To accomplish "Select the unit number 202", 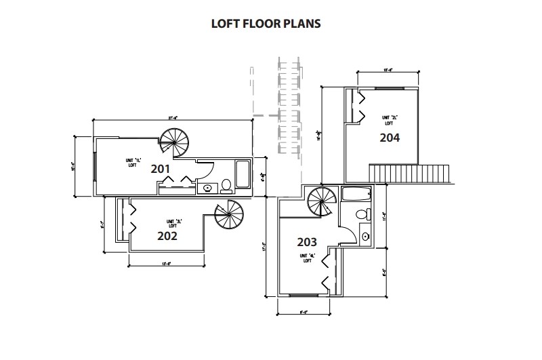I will [x=167, y=236].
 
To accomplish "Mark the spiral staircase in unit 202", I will [x=228, y=217].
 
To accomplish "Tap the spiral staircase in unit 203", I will [x=321, y=201].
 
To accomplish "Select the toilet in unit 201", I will [x=226, y=186].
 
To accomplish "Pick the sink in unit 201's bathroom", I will [x=207, y=188].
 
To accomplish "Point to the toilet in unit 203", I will [x=363, y=214].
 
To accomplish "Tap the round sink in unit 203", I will [x=366, y=237].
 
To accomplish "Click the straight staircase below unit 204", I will [x=409, y=174].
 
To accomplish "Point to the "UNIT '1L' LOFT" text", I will [x=133, y=161].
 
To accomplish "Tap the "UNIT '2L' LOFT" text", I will [x=388, y=120].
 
